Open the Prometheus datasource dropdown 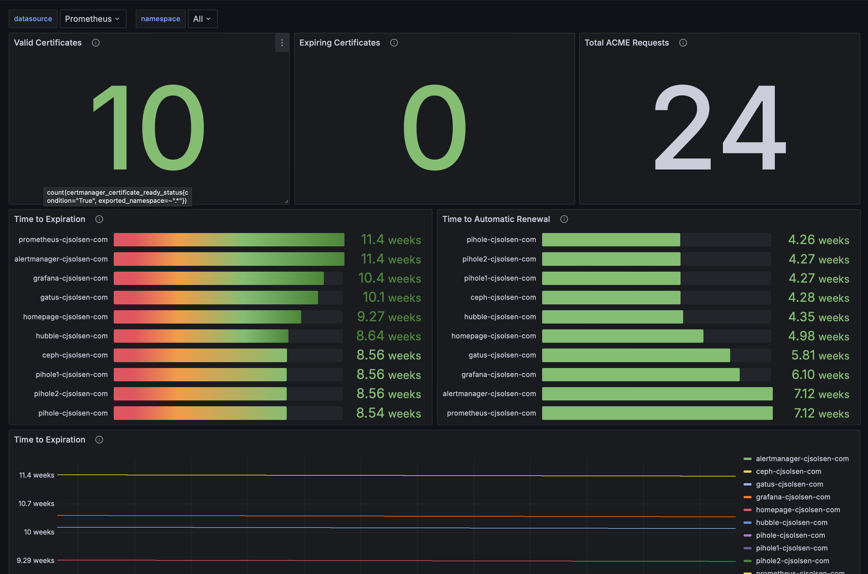[x=93, y=19]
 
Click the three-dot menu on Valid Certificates [x=282, y=43]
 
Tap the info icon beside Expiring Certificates [x=394, y=43]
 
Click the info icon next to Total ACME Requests [x=683, y=43]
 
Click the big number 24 [x=720, y=127]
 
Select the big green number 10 [x=149, y=127]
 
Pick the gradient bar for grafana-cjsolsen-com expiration [x=219, y=278]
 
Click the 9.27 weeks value [x=389, y=317]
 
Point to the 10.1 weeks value [x=391, y=297]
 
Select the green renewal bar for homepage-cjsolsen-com [x=622, y=336]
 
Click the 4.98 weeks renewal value [x=819, y=336]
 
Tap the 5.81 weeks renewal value [x=820, y=355]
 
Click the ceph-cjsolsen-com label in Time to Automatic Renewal [x=503, y=297]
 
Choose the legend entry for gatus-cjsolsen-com [x=784, y=484]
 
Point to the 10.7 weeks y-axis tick [x=36, y=503]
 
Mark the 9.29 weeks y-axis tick [x=35, y=560]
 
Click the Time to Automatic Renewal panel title [x=496, y=219]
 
